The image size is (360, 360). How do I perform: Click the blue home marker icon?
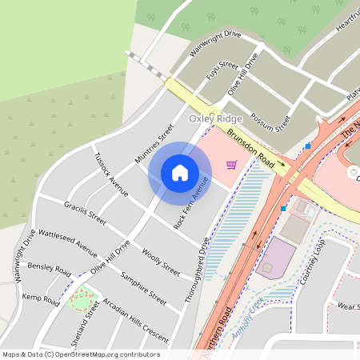coord(179,172)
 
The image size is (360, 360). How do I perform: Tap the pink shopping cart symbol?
coord(231,165)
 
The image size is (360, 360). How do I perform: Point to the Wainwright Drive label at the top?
coord(215,44)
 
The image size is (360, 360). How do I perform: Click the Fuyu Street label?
coord(222,73)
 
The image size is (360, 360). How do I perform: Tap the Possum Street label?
coord(270,122)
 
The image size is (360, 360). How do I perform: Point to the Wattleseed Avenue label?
coord(68,238)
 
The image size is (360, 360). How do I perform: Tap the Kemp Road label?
coord(41,300)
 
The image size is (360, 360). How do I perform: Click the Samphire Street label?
coord(143,289)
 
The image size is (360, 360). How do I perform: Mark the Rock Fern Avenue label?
coord(191,203)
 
